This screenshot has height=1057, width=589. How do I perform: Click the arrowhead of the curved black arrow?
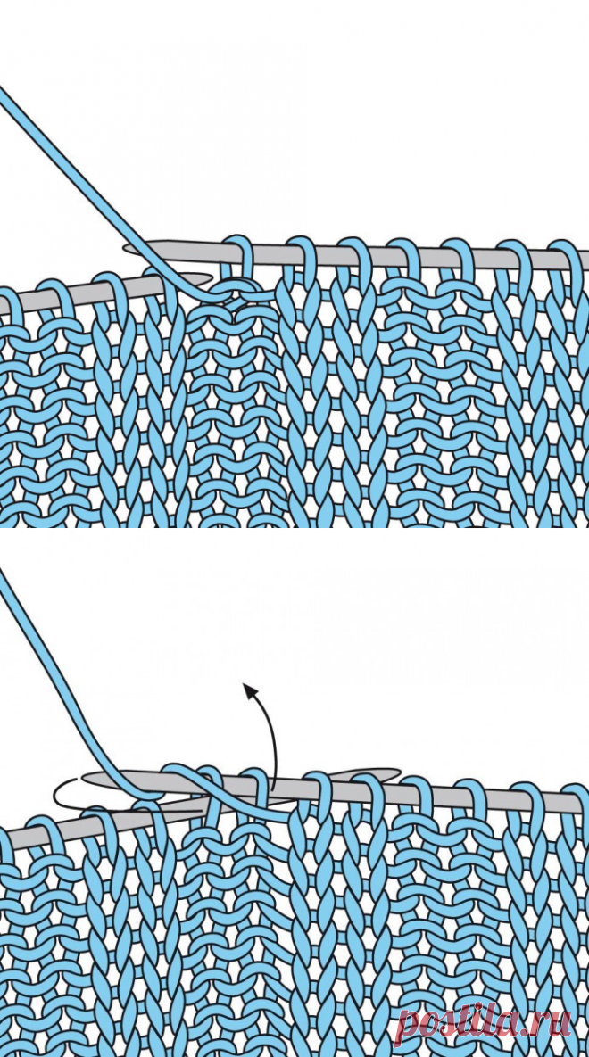(x=250, y=690)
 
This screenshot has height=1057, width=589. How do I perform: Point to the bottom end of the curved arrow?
(x=273, y=789)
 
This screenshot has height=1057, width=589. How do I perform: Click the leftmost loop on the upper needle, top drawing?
(x=238, y=260)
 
